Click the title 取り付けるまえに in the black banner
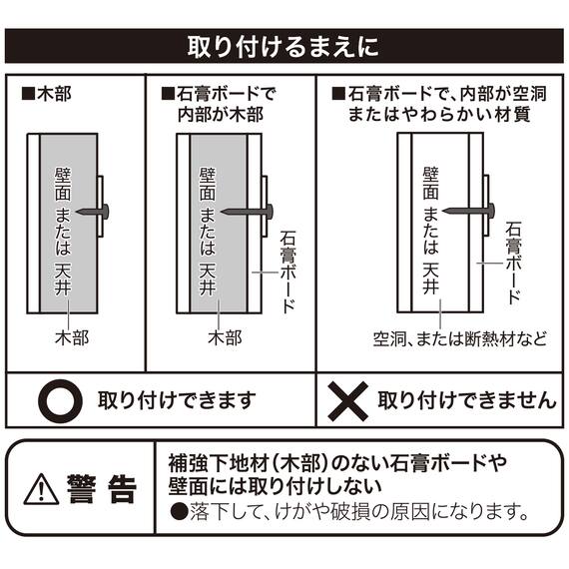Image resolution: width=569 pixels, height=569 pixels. (284, 47)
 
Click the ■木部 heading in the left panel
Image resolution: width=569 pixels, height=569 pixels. (46, 96)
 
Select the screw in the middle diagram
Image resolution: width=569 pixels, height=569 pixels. (252, 211)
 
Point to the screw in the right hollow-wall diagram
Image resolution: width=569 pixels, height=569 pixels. (470, 211)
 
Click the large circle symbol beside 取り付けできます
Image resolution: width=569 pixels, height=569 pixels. (58, 401)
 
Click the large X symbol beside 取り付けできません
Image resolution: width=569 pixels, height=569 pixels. (348, 401)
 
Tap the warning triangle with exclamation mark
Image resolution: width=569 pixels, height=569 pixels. (42, 489)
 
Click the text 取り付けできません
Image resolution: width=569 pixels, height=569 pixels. (466, 401)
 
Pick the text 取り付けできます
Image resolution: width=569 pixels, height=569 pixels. (176, 401)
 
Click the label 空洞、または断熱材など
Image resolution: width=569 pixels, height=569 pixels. (460, 337)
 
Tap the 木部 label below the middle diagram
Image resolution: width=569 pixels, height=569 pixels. (224, 337)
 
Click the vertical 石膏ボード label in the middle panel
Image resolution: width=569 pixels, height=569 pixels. (287, 270)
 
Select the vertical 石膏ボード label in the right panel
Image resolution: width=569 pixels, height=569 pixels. (513, 262)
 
